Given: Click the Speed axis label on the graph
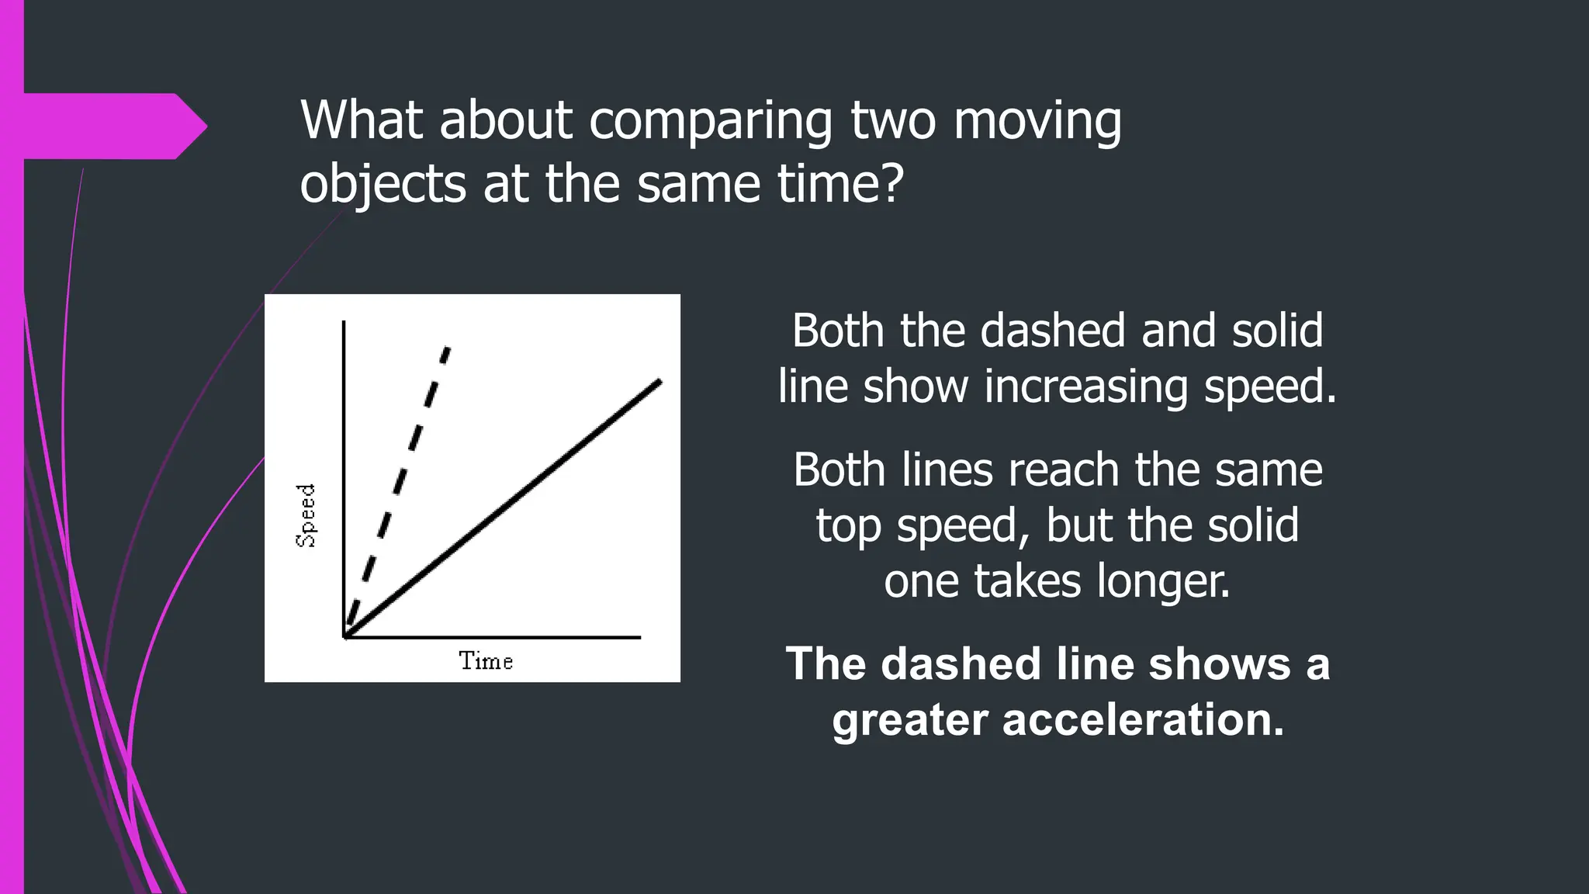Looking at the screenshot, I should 306,515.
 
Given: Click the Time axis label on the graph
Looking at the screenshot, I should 486,661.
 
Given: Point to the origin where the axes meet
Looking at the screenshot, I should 344,637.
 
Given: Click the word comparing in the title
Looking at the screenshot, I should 709,121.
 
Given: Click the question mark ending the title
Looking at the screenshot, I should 892,185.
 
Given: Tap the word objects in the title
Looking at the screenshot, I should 383,186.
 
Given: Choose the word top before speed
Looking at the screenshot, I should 850,528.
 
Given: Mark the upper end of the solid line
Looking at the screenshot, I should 659,381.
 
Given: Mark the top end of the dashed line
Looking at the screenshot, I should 448,349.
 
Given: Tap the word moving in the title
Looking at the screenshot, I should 1037,123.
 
